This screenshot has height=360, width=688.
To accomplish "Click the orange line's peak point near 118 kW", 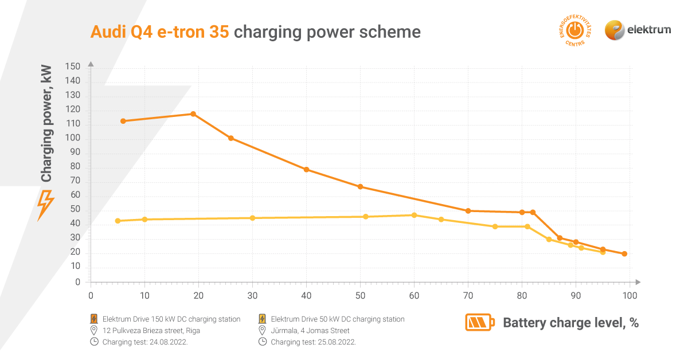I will [x=193, y=114].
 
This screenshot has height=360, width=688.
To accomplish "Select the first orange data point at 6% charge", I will [x=123, y=121].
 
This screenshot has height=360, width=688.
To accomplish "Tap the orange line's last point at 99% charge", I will [x=624, y=254].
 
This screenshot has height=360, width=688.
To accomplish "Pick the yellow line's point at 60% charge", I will [x=415, y=215].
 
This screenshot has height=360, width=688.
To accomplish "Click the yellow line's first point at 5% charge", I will [x=118, y=221].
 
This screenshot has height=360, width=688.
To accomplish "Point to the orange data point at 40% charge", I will [x=307, y=170].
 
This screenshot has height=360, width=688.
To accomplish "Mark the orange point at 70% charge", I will [x=468, y=211].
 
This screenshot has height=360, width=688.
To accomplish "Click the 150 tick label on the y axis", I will [x=73, y=67].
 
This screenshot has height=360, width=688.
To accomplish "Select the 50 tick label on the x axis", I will [x=360, y=296].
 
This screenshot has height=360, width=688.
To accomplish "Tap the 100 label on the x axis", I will [x=630, y=296].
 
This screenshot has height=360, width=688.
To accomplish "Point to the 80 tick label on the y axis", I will [x=75, y=167].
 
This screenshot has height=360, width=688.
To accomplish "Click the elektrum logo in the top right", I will [x=638, y=30].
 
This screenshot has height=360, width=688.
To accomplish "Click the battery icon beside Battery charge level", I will [x=479, y=323].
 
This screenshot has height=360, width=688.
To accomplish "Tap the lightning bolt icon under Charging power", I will [x=45, y=205].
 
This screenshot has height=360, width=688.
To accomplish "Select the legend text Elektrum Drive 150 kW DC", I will [x=171, y=319].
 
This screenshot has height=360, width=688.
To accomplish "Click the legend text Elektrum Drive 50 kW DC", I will [x=337, y=319].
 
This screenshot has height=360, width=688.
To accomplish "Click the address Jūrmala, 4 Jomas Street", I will [x=310, y=331].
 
